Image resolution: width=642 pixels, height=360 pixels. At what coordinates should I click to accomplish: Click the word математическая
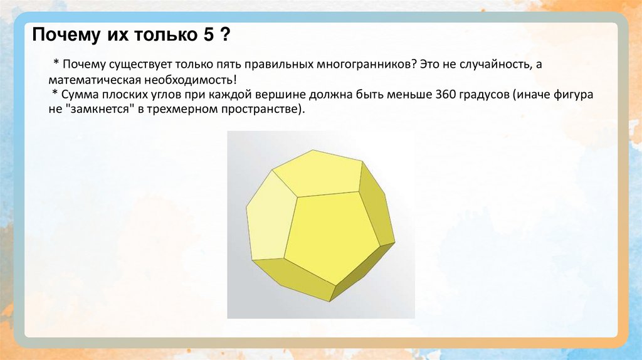[x=90, y=80]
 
